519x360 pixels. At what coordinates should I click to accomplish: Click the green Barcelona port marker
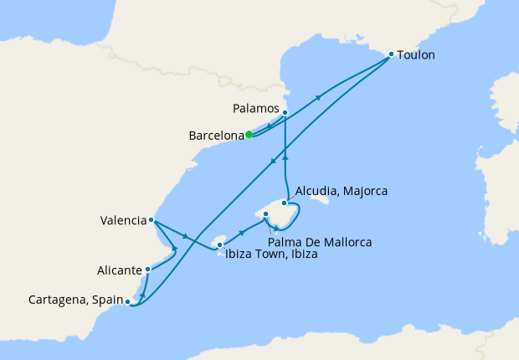point(249,134)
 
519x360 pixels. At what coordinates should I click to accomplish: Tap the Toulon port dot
point(391,54)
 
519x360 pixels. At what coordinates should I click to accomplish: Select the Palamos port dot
point(285,112)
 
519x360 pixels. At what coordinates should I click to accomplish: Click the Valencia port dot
point(151,220)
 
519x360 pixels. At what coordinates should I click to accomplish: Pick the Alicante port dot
point(147,269)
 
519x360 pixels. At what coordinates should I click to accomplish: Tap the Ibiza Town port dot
point(220,245)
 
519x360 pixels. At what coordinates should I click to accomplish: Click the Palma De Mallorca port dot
point(266,214)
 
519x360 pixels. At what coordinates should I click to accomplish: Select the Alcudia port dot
point(285,203)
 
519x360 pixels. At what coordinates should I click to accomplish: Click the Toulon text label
point(417,55)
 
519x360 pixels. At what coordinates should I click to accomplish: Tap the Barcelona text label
point(216,135)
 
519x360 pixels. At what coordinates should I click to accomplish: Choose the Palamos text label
point(254,109)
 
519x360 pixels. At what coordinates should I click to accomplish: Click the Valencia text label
point(122,221)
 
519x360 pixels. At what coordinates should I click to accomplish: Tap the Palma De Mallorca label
point(321,242)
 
